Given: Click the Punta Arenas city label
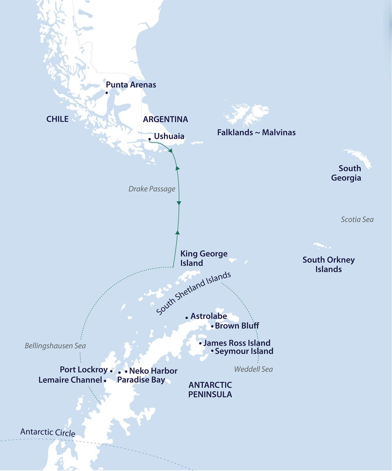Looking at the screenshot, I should coord(131,85).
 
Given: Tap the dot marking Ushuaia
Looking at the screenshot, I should coord(150,139).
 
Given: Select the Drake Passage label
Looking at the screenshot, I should coord(152,189).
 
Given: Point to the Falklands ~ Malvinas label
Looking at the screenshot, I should coord(256,133).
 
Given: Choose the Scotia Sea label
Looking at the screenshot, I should coord(357,219).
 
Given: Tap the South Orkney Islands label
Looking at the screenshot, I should coord(328,265).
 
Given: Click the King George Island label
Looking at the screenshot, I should coord(203,259).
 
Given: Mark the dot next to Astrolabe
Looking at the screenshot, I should coord(187,318).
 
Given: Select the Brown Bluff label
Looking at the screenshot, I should coord(237,326).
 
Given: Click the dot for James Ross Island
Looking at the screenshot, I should coord(200,343).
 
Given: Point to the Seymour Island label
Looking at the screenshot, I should coord(244,351).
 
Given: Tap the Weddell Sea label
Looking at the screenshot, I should coord(253,369).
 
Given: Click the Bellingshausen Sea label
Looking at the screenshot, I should coord(55,346).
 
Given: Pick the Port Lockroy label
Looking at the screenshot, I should coord(83,370).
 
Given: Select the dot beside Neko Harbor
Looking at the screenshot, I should coord(126,371).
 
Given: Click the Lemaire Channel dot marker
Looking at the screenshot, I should coord(105,381).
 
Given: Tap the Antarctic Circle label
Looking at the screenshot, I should coord(48,433).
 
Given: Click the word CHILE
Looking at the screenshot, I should coord(57,119).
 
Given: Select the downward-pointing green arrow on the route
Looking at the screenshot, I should coord(179,203).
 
